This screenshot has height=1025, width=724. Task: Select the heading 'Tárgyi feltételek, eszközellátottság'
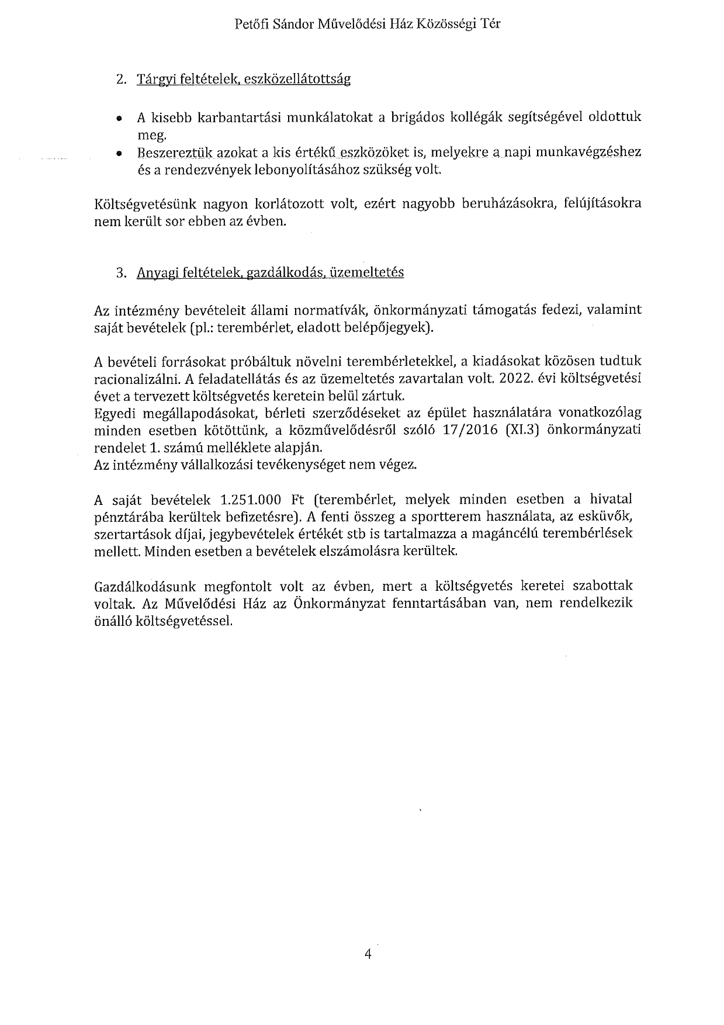pos(243,79)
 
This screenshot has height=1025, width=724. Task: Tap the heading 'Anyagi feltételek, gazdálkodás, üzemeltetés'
pos(270,273)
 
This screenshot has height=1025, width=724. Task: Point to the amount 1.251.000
pos(251,500)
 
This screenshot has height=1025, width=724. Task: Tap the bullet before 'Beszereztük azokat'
pos(119,154)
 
